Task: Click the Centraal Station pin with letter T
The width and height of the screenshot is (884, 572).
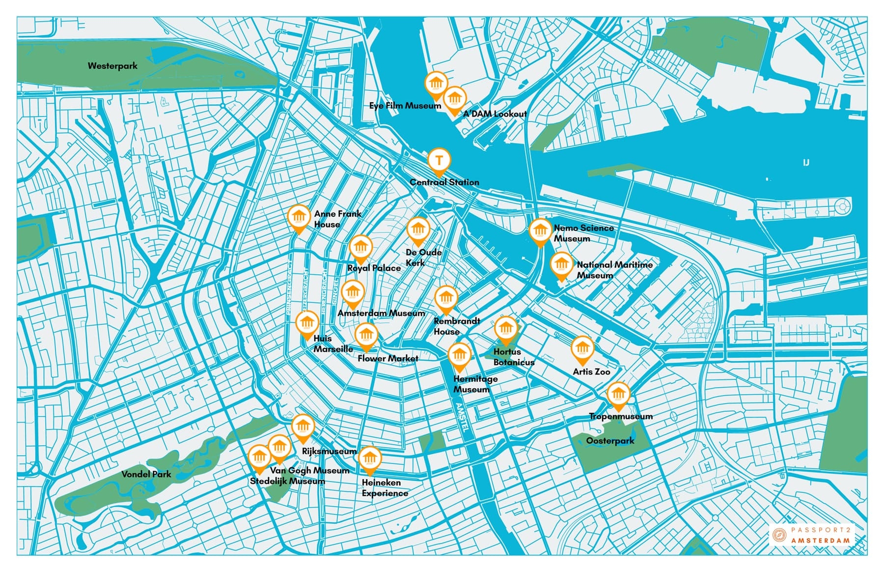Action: coord(439,160)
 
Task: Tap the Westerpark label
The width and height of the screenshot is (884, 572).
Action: coord(112,66)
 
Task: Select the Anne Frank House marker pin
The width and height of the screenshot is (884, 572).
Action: coord(299,217)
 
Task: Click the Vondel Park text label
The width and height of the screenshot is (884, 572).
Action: coord(146,474)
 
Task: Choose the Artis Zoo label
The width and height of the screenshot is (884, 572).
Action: coord(591,372)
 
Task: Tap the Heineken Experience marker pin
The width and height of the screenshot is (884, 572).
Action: coord(370,459)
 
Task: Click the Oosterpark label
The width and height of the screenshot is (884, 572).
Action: coord(610,441)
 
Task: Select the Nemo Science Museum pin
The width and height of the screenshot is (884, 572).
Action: coord(540,230)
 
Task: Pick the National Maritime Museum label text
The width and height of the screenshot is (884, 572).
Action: coord(614,270)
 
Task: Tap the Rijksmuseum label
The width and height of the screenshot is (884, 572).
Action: coord(329,451)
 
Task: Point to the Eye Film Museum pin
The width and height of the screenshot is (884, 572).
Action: coord(436,83)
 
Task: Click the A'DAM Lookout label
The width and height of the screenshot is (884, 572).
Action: coord(495,114)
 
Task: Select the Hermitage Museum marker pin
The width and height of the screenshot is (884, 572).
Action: coord(459,355)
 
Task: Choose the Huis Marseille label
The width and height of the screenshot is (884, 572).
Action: coord(333,343)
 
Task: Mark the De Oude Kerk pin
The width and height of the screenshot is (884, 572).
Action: coord(418,229)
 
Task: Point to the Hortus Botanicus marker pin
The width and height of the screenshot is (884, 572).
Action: coord(506,328)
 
